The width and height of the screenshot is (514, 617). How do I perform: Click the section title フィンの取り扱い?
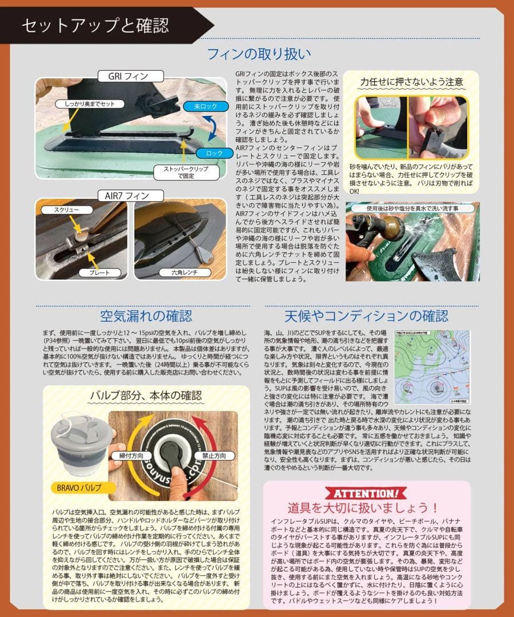coord(259,54)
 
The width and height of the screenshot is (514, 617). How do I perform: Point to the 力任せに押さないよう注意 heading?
coord(411,82)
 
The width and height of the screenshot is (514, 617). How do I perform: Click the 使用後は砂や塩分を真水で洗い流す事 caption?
coord(412,209)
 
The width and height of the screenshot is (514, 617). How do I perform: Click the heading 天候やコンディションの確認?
coord(366,316)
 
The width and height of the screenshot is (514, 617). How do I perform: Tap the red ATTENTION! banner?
coord(366,493)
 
